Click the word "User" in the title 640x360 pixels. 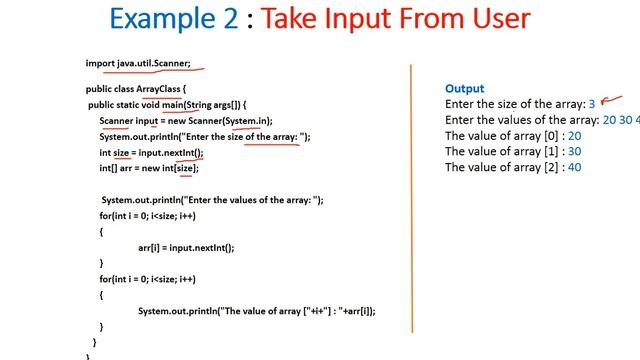(x=492, y=19)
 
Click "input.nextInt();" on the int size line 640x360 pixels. (x=171, y=152)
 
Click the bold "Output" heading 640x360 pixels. (x=465, y=88)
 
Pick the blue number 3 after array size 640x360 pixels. (x=592, y=104)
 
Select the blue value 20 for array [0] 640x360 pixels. (x=574, y=136)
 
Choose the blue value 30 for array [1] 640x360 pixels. (x=574, y=152)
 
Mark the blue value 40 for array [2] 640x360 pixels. (x=574, y=168)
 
